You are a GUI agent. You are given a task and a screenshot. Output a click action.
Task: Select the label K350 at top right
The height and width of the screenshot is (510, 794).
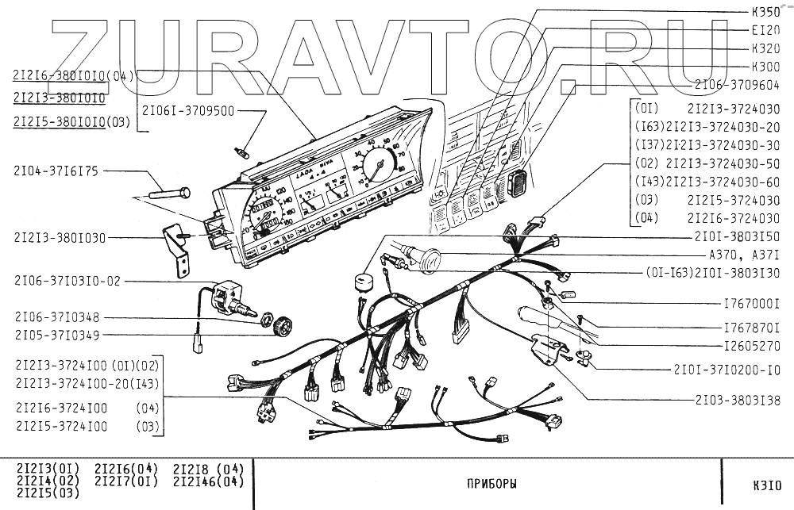765,13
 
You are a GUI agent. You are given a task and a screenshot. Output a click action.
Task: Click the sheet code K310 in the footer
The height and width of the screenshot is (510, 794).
768,484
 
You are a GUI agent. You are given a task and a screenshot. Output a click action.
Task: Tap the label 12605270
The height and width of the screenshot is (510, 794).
751,346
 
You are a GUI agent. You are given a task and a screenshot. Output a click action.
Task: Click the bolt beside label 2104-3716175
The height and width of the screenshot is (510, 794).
168,193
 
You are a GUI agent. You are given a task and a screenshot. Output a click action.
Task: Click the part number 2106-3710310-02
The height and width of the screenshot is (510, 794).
67,281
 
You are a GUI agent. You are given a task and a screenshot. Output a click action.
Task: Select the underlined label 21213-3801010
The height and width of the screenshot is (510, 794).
60,98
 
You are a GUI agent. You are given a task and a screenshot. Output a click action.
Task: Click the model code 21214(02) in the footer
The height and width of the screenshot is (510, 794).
48,481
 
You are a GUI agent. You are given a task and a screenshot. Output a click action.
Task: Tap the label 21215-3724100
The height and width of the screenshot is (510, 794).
61,427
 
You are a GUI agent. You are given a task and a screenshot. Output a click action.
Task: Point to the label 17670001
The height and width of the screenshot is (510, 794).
751,304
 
